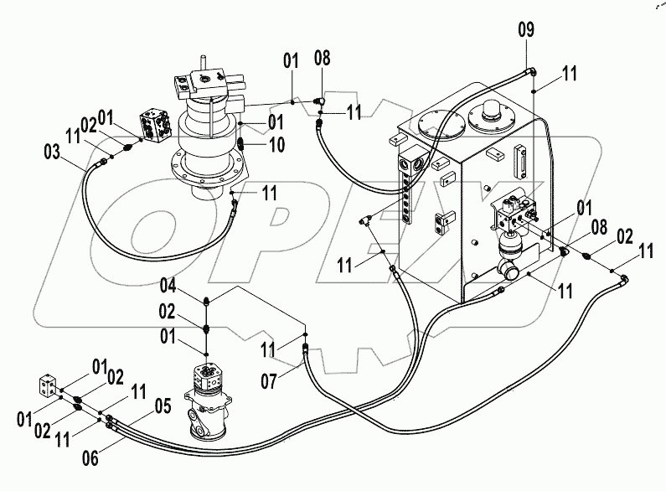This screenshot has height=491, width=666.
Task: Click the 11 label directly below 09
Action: coord(570,75)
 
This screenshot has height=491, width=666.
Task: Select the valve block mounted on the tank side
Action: coord(510,212)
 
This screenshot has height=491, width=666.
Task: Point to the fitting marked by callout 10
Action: coord(241,143)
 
